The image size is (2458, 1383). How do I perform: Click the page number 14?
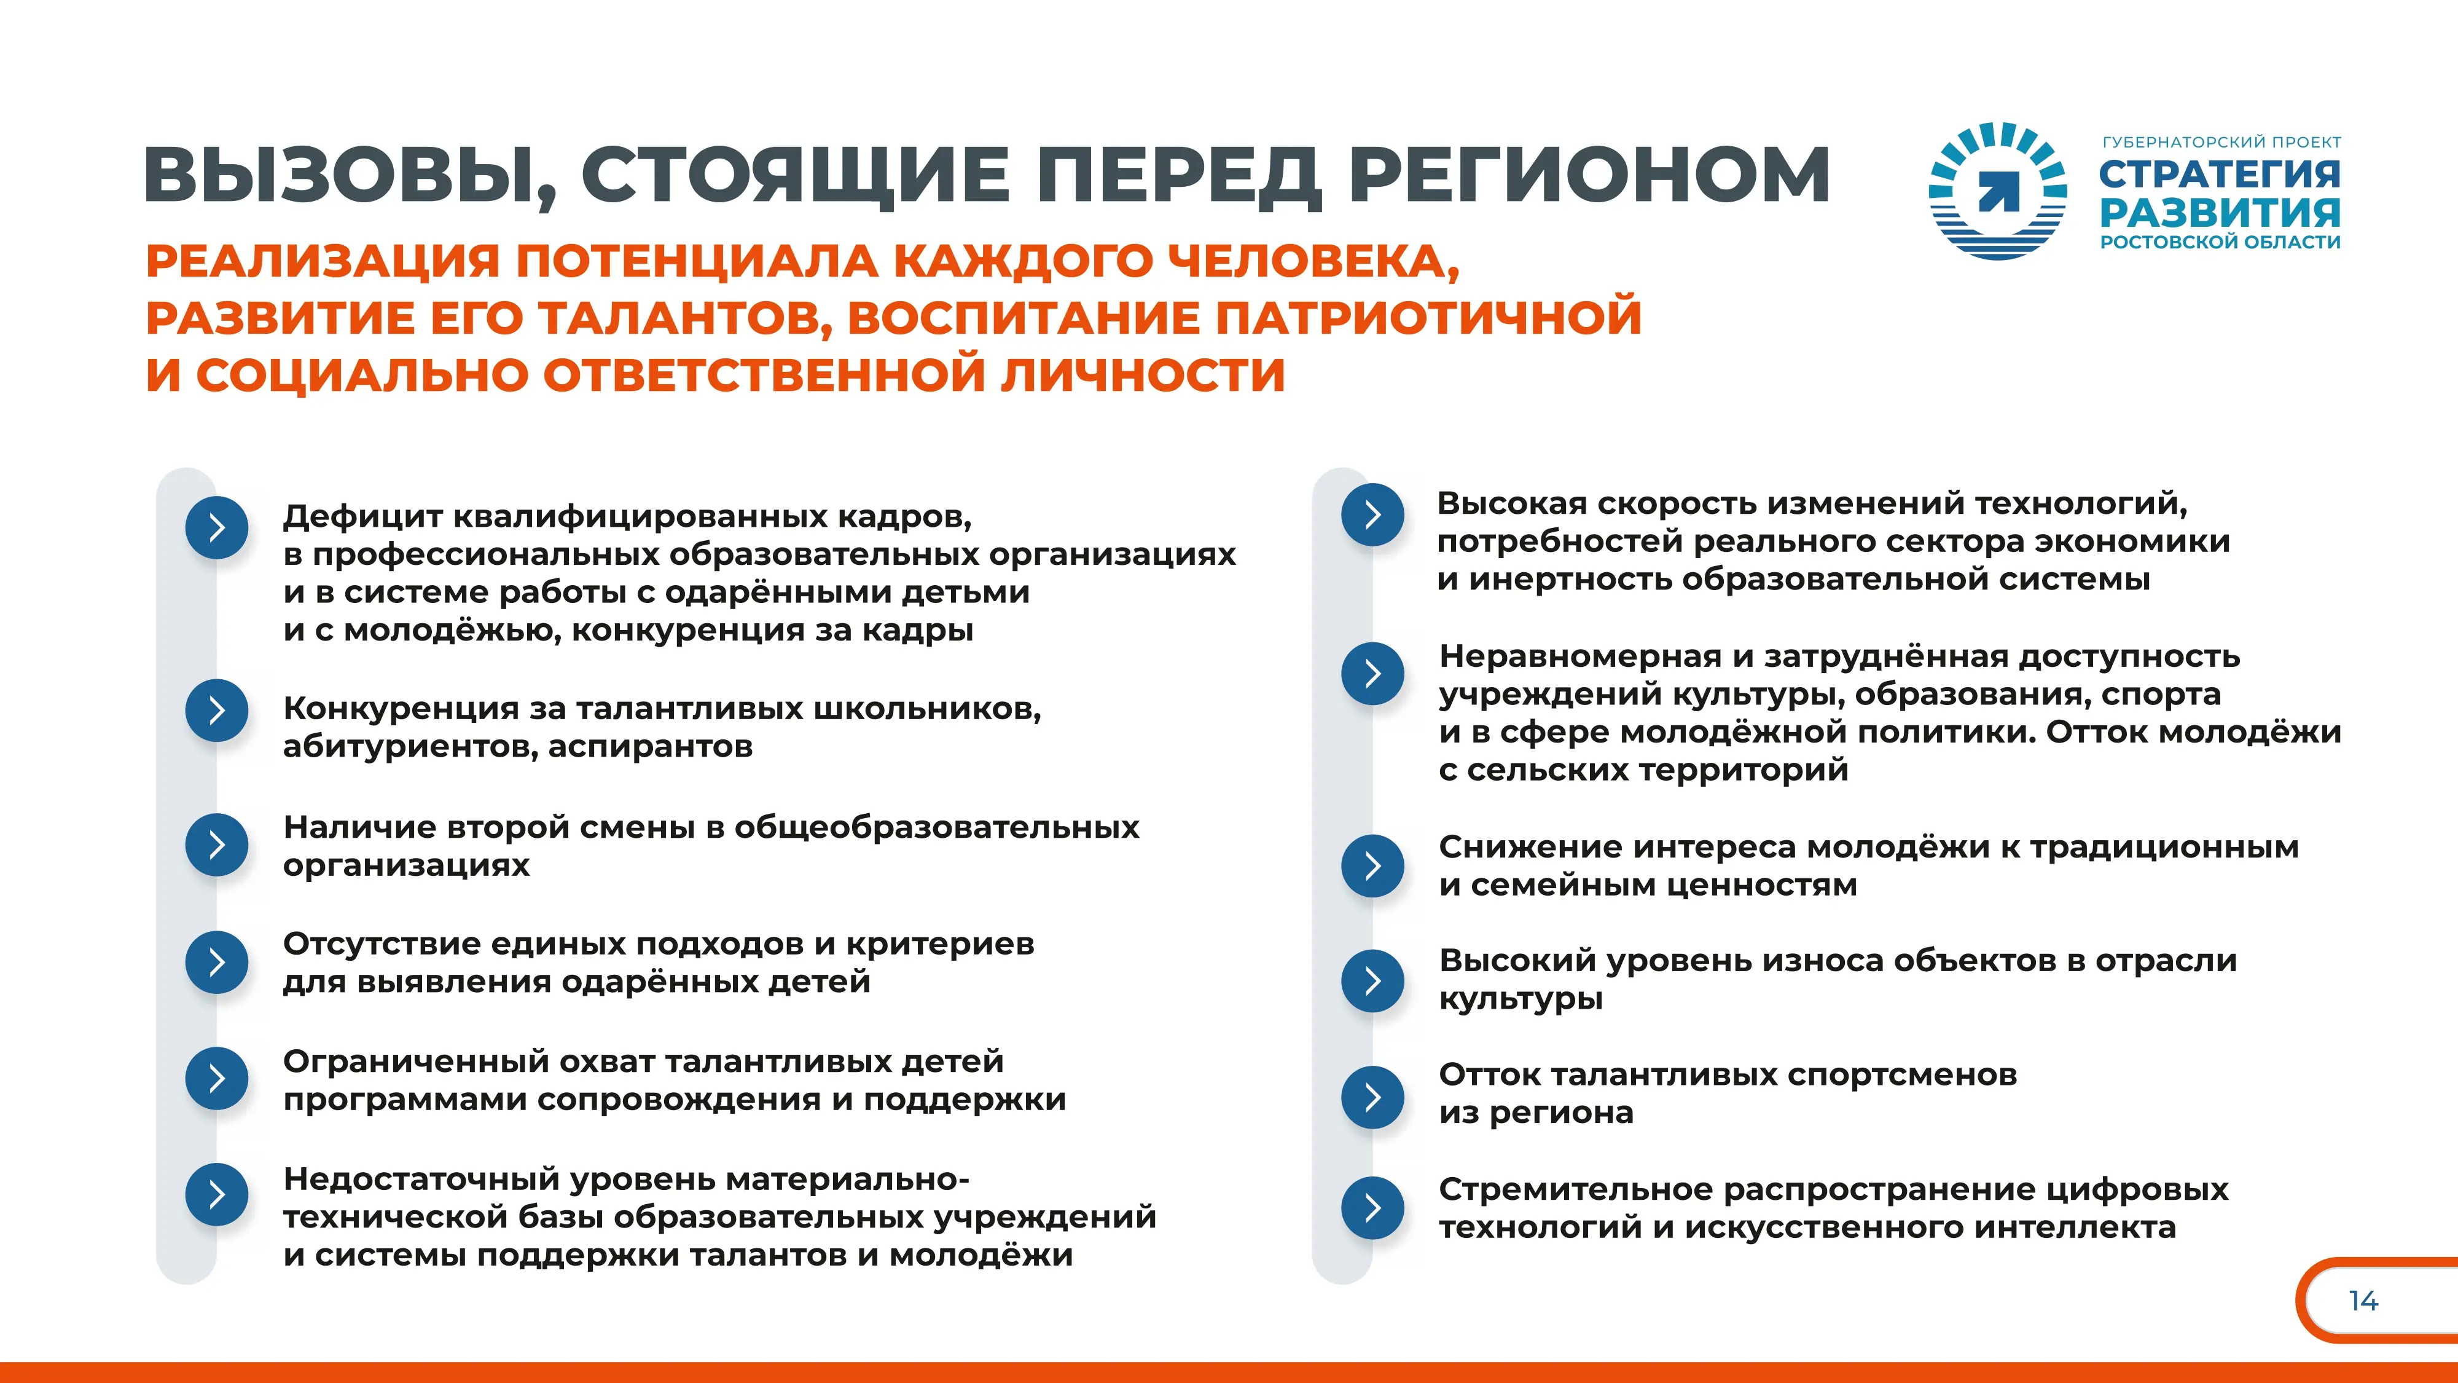tap(2363, 1301)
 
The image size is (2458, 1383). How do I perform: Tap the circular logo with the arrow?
tap(1998, 191)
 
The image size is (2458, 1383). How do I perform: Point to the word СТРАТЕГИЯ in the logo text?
tap(2220, 174)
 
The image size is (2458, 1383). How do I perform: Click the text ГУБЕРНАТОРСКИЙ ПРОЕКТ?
tap(2221, 142)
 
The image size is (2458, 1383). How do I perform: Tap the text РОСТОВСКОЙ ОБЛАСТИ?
tap(2220, 242)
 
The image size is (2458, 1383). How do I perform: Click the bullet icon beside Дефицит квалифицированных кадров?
tap(217, 527)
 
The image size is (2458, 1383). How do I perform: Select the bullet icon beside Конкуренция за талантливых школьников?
tap(217, 710)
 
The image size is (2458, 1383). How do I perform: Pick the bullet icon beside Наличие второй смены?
tap(217, 845)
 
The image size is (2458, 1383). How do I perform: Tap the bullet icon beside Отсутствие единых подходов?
tap(217, 961)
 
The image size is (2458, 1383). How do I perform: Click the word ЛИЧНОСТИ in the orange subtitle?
tap(1143, 374)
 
